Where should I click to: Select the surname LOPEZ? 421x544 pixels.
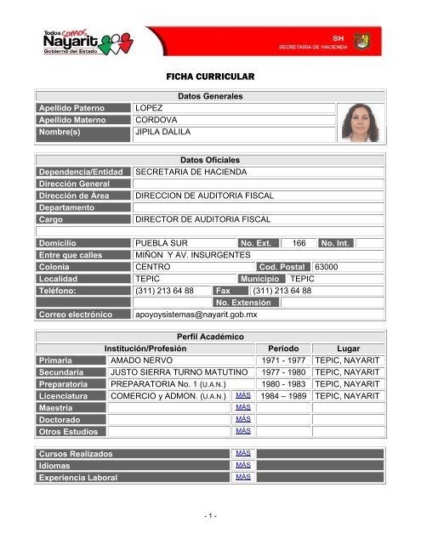click(x=151, y=108)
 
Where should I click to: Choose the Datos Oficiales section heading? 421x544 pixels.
click(x=210, y=160)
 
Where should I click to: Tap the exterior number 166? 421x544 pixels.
click(x=298, y=243)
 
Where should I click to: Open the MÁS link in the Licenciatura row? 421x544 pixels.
click(x=242, y=395)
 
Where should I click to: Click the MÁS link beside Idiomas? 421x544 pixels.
click(x=242, y=465)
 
